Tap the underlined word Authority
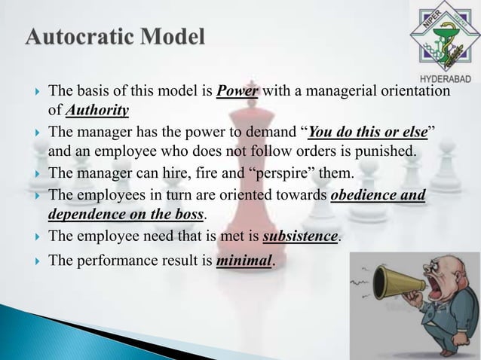click(97, 111)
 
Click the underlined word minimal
click(244, 262)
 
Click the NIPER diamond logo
click(441, 38)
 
